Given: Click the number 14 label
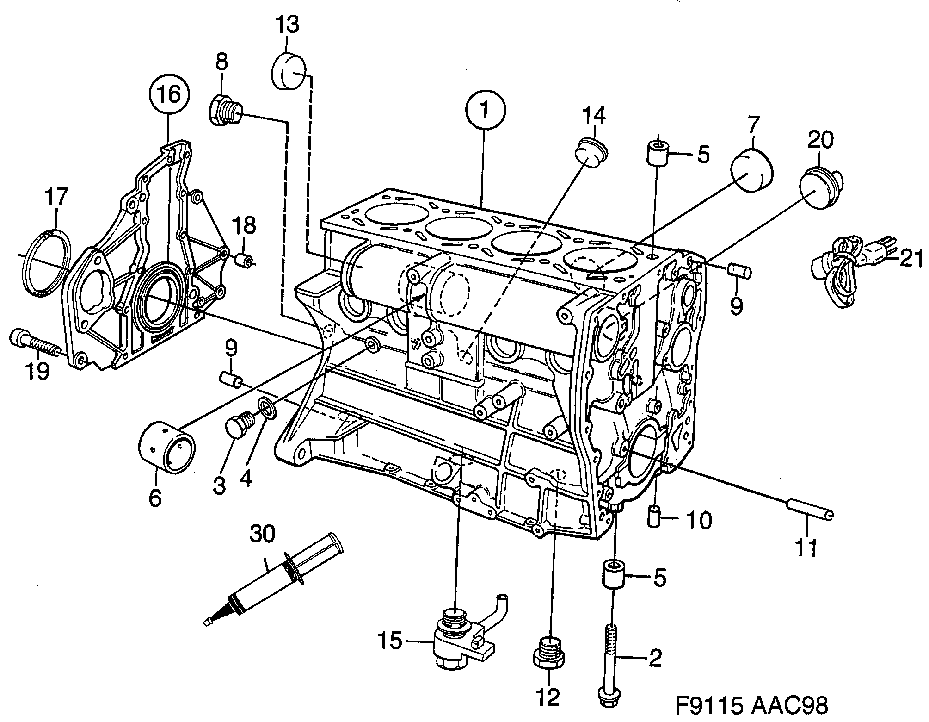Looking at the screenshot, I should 594,116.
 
